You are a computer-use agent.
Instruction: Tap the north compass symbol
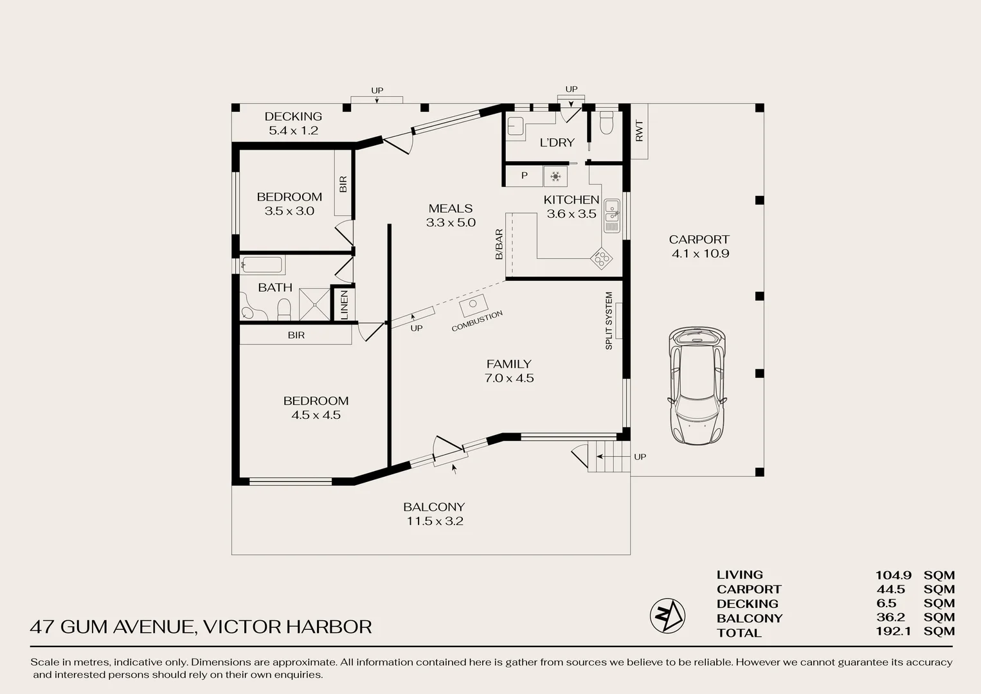[667, 615]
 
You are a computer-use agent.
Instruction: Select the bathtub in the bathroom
[262, 265]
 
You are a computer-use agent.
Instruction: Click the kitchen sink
[612, 216]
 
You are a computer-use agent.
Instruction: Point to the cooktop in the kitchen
[602, 258]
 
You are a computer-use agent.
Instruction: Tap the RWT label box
[639, 131]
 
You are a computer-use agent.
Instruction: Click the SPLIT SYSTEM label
[609, 321]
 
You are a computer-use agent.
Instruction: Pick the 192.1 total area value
[893, 632]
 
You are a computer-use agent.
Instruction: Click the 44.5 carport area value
[890, 589]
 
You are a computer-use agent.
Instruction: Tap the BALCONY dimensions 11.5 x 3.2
[435, 521]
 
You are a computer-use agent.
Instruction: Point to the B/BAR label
[499, 244]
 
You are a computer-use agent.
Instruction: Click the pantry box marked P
[524, 175]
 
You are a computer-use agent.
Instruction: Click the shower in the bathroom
[314, 305]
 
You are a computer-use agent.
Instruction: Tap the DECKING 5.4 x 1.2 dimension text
[293, 130]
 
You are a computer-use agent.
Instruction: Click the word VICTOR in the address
[242, 627]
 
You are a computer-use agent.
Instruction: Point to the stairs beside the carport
[607, 457]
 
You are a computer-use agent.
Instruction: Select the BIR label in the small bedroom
[343, 184]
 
